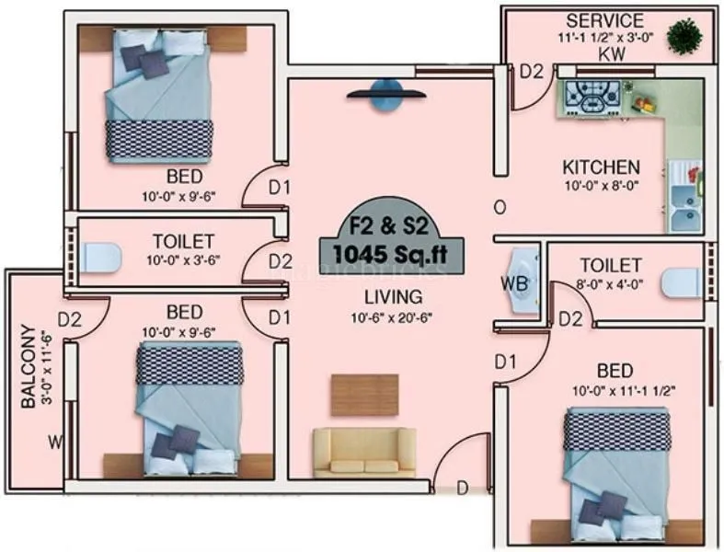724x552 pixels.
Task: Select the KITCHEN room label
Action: coord(601,167)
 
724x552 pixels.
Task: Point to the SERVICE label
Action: coord(604,20)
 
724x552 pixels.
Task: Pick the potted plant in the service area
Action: coord(684,38)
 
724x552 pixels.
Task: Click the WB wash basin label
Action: coord(514,282)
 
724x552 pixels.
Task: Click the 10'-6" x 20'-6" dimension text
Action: coord(392,316)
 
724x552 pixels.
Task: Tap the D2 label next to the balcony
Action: coord(71,320)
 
